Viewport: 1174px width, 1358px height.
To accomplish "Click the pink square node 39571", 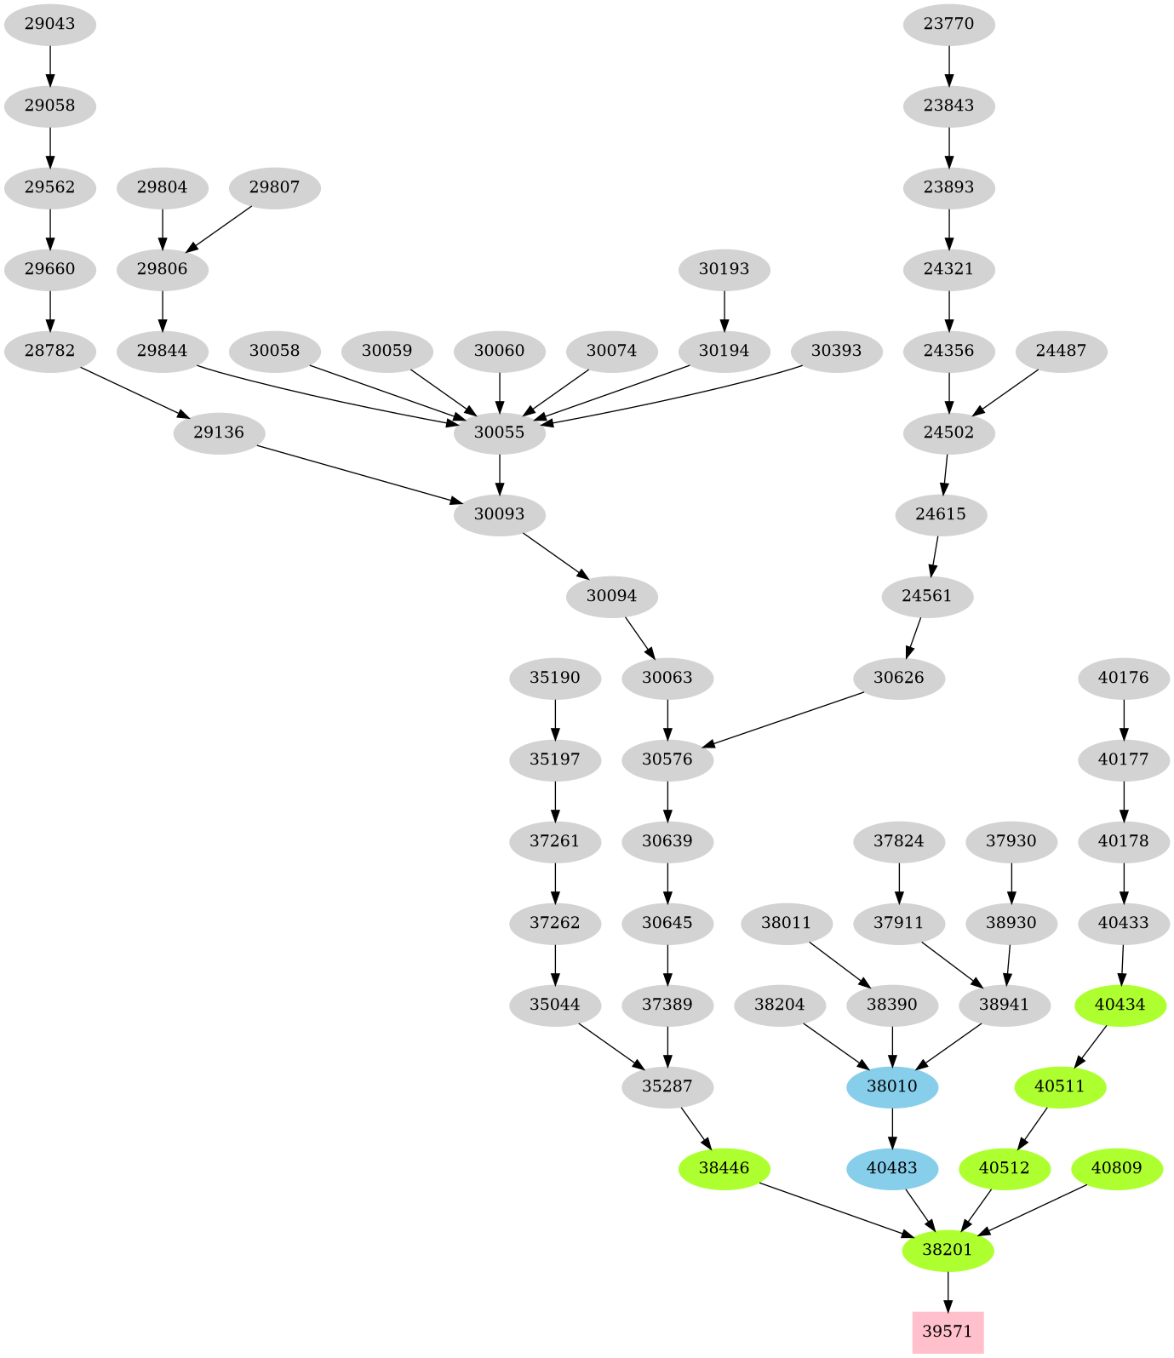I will point(948,1332).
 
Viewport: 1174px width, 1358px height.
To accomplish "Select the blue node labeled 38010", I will point(892,1086).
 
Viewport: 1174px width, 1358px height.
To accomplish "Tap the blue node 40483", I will point(892,1168).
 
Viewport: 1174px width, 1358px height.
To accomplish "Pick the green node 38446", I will point(724,1168).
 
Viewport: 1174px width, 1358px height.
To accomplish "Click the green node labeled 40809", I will point(1116,1168).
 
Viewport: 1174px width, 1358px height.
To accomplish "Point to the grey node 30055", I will point(500,433).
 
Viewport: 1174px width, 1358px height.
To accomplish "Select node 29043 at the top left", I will point(50,24).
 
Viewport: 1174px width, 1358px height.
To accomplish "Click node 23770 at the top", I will point(948,24).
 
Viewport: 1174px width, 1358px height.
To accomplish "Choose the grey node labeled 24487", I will point(1061,351).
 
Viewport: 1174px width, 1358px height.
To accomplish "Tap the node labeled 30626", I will point(899,678).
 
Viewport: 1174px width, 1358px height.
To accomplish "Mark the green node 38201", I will point(948,1250).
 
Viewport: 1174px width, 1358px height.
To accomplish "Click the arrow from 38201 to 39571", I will point(948,1291).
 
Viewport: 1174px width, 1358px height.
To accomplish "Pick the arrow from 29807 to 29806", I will point(219,228).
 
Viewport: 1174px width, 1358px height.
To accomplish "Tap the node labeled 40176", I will point(1124,678).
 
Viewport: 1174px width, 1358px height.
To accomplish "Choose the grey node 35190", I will point(555,678).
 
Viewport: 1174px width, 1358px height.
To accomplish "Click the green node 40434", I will point(1120,1005).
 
